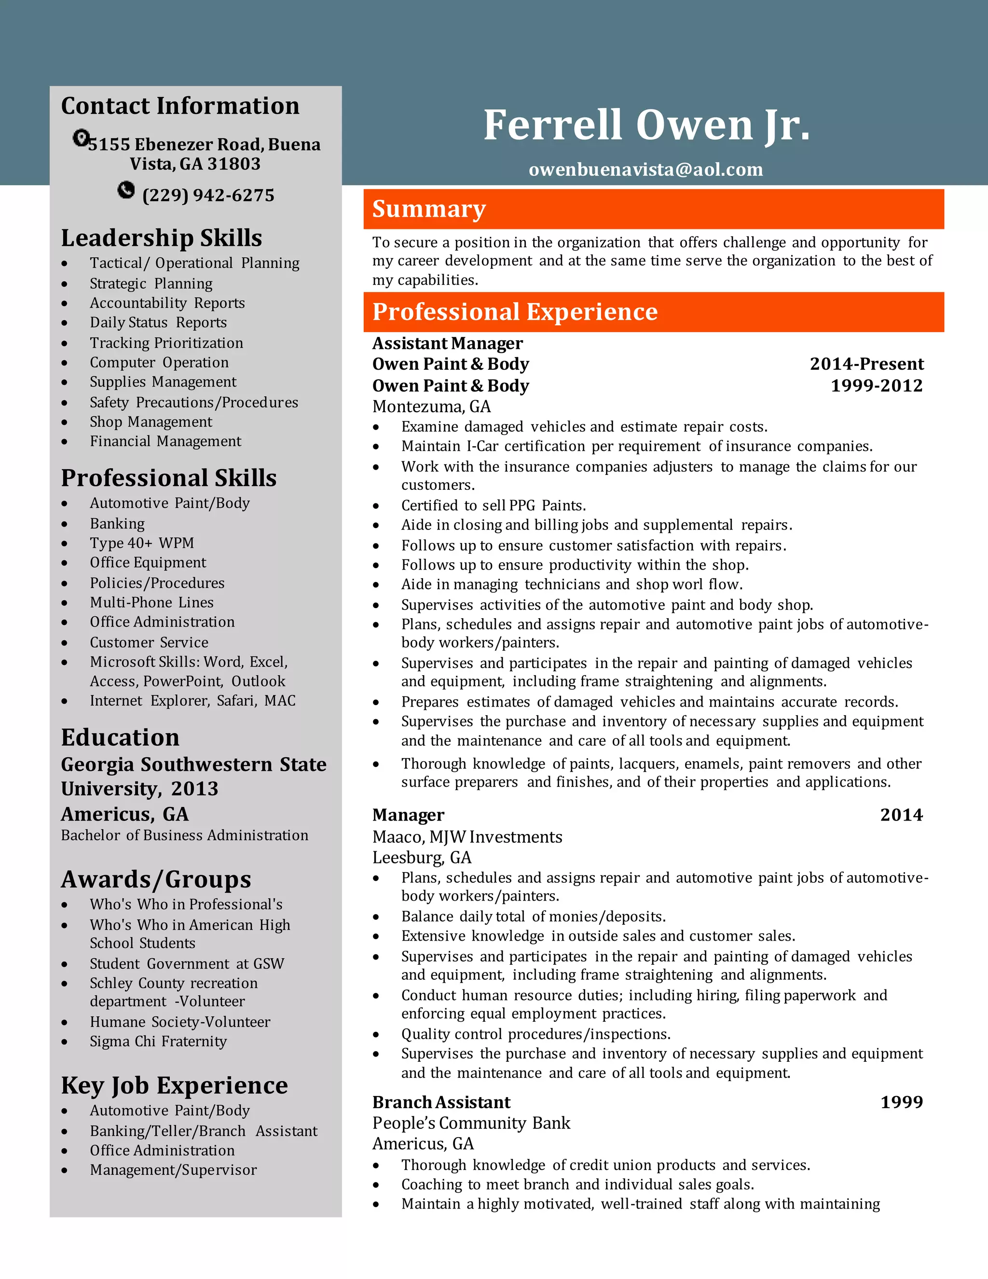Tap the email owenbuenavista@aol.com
click(x=645, y=169)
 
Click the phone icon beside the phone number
click(x=126, y=190)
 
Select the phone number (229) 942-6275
click(x=208, y=195)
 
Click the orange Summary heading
click(x=429, y=209)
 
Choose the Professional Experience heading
click(x=515, y=312)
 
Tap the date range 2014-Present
click(x=866, y=364)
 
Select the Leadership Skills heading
click(x=162, y=238)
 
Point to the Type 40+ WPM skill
click(x=142, y=543)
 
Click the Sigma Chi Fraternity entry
click(x=158, y=1041)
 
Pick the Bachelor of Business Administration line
click(x=184, y=835)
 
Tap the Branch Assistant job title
click(x=441, y=1102)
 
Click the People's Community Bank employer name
click(x=471, y=1123)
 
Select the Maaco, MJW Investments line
click(x=467, y=837)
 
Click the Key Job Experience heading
click(x=175, y=1085)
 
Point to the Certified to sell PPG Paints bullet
click(x=494, y=505)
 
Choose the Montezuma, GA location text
click(x=431, y=406)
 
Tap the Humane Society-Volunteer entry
click(x=179, y=1022)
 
